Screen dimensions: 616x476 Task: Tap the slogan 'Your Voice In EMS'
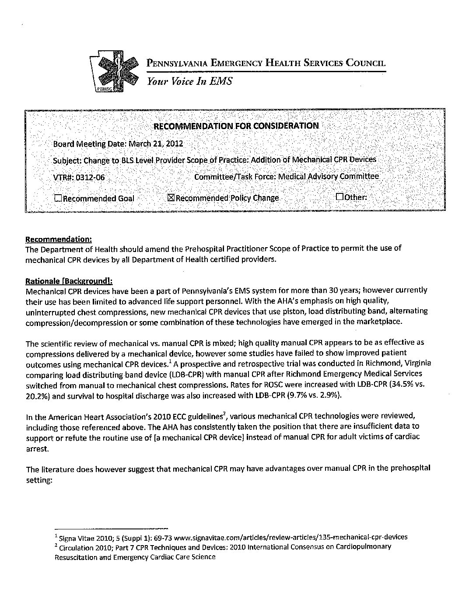(189, 81)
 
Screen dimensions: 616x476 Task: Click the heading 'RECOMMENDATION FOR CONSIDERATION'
(236, 126)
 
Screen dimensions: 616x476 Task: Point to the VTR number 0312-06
(90, 178)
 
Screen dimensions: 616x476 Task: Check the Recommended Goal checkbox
(58, 198)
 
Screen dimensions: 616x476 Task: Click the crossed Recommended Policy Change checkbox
(171, 198)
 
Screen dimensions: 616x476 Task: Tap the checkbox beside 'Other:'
(339, 197)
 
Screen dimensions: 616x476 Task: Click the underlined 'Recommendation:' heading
(59, 239)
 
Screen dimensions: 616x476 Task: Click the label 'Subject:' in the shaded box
(67, 160)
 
